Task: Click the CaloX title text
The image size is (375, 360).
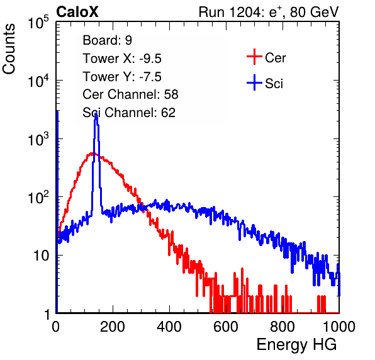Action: (77, 12)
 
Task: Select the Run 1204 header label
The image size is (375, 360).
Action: (269, 12)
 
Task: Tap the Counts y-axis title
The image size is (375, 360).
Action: (9, 49)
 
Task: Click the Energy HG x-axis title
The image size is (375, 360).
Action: (296, 345)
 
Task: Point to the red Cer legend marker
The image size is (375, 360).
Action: (254, 57)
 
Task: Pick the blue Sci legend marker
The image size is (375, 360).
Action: (254, 83)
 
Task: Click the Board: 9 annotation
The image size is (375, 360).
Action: (108, 40)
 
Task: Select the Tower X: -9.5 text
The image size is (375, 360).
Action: (122, 59)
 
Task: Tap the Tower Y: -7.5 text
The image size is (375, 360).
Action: (122, 77)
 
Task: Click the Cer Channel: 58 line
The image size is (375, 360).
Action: (130, 94)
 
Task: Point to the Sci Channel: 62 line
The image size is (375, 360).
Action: (129, 113)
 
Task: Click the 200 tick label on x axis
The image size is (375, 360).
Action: (113, 327)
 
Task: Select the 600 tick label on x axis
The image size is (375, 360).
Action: (226, 327)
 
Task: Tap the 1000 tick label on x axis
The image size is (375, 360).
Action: (339, 327)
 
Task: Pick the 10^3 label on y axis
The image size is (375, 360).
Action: (38, 139)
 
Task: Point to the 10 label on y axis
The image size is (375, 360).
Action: (41, 256)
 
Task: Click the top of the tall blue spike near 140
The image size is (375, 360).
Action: (96, 114)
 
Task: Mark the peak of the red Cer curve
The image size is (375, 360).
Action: (92, 154)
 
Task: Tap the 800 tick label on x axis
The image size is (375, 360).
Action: (283, 327)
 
